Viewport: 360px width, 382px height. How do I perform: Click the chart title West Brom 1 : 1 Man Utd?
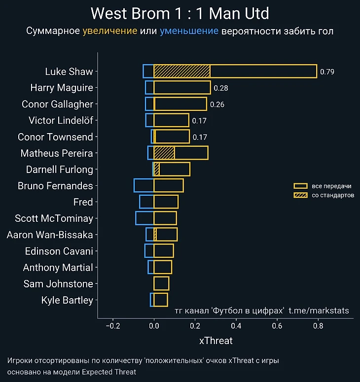pos(180,13)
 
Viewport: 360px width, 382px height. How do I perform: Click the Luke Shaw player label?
pos(69,71)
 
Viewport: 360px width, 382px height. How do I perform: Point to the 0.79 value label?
pos(327,71)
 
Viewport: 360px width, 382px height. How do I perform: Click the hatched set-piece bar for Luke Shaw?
pos(182,71)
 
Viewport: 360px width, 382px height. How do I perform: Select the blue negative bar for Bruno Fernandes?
pos(144,186)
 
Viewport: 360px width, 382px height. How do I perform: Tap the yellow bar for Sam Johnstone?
pos(161,283)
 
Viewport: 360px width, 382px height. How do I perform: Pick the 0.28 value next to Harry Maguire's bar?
pos(220,88)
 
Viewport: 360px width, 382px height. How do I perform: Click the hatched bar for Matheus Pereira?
pos(164,153)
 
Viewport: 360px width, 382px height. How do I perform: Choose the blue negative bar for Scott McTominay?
pos(144,218)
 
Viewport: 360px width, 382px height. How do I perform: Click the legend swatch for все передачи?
pos(301,186)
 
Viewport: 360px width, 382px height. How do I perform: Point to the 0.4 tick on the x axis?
pos(236,326)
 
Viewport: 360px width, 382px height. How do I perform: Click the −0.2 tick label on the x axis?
pos(112,326)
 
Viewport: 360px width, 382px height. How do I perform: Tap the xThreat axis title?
pos(216,341)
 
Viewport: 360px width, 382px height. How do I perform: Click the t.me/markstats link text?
pos(319,311)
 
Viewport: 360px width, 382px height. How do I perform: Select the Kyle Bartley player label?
pos(67,300)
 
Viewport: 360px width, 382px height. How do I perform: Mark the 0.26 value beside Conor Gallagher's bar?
pos(217,104)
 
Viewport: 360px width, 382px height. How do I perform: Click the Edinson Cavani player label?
pos(59,251)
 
